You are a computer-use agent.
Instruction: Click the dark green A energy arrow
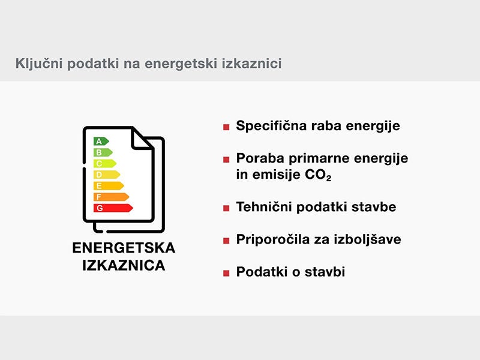pos(101,142)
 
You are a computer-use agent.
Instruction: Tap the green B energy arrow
pos(103,152)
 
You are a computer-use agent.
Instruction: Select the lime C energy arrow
pos(104,163)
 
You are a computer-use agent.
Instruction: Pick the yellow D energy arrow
pos(107,175)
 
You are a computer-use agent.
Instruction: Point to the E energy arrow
pos(109,186)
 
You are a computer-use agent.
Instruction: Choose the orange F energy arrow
pos(111,197)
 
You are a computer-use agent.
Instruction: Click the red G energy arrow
pos(113,208)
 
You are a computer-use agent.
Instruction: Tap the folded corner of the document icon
pos(142,139)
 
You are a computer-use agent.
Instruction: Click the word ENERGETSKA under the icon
pos(124,248)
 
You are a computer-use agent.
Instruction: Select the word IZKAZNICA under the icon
pos(124,265)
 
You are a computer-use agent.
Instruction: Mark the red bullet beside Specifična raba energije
pos(226,127)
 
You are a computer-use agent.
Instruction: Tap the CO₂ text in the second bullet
pos(318,175)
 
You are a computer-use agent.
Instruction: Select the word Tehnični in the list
pos(264,207)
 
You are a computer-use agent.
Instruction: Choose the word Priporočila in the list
pos(273,239)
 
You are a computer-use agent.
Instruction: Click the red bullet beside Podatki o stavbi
pos(226,273)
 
